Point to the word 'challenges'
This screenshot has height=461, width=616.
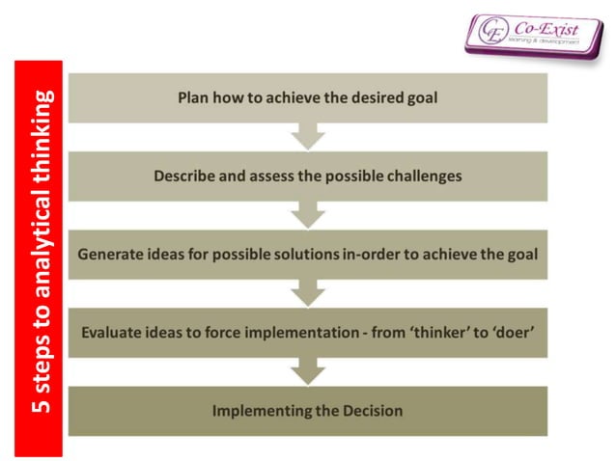click(x=421, y=176)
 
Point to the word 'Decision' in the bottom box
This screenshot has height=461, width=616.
click(x=370, y=411)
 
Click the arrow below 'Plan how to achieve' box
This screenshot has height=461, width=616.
click(x=308, y=136)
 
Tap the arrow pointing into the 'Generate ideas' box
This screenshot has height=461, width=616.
click(x=308, y=214)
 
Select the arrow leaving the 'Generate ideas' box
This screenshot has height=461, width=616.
click(x=308, y=292)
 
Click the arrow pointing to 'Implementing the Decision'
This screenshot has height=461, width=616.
click(x=308, y=370)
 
